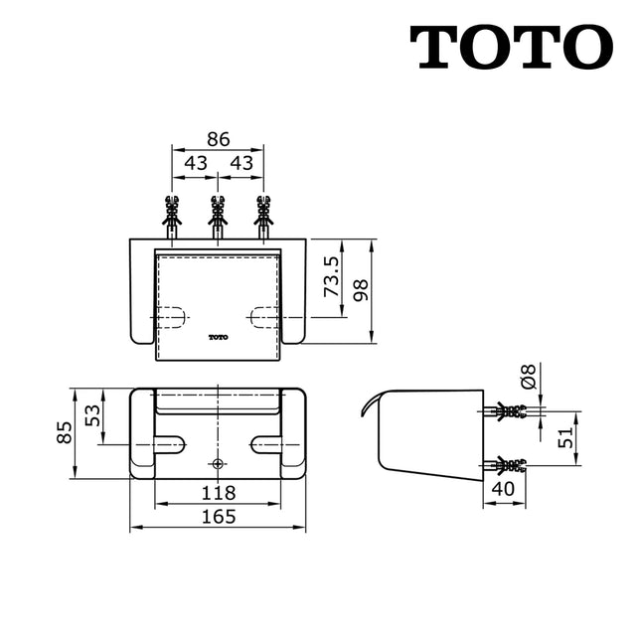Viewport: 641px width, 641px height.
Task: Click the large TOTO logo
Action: click(512, 47)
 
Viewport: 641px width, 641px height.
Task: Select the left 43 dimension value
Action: click(196, 162)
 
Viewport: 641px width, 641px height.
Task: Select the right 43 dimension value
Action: click(240, 162)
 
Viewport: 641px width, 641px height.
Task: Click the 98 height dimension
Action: click(361, 290)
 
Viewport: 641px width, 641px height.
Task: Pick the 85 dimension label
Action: click(64, 432)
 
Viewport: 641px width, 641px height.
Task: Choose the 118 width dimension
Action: click(217, 492)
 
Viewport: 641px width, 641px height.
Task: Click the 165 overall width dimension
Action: click(218, 517)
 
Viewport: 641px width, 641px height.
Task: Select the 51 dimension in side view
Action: click(562, 436)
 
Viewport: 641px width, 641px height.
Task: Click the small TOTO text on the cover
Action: click(218, 336)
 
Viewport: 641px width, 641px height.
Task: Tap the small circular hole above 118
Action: click(218, 464)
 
